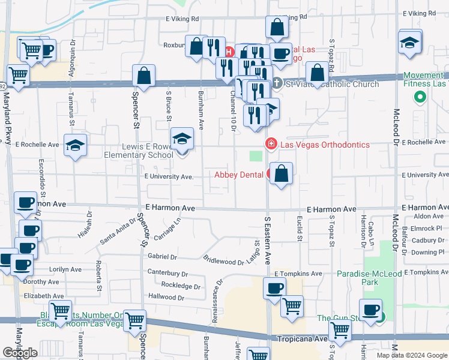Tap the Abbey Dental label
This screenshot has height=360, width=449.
point(239,175)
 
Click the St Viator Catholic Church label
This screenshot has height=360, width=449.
point(332,84)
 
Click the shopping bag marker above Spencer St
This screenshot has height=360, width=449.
point(143,76)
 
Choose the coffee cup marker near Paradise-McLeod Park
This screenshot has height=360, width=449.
point(371,310)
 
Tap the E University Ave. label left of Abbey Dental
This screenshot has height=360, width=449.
point(169,176)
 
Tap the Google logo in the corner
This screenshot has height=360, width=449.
point(20,353)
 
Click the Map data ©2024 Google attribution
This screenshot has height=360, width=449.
point(412,355)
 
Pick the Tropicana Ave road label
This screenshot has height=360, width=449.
point(302,339)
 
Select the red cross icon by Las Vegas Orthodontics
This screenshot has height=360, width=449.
point(271,144)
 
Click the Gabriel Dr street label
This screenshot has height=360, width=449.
point(162,256)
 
